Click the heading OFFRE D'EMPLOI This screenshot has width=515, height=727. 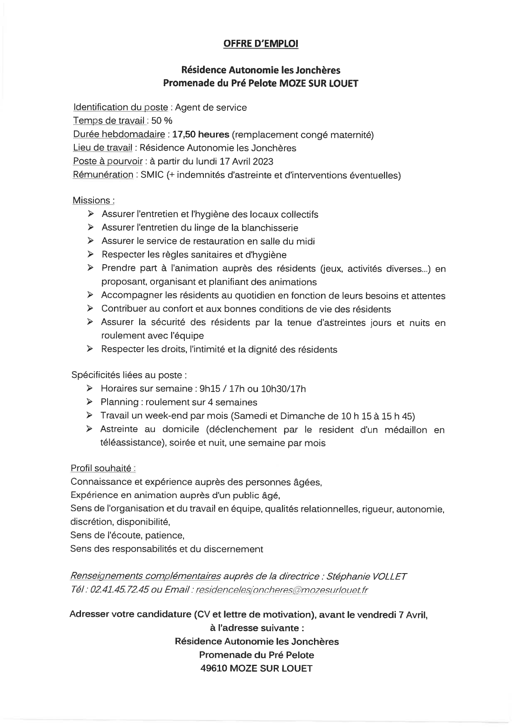click(260, 44)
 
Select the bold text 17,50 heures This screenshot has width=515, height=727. click(201, 134)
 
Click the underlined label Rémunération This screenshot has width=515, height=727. click(103, 175)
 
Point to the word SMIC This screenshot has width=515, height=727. click(152, 175)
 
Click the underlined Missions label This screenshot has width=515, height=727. click(93, 200)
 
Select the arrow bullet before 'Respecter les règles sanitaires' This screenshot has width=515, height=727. click(91, 254)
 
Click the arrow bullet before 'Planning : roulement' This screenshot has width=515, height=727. click(90, 402)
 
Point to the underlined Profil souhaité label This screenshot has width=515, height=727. click(103, 468)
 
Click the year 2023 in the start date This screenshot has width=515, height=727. click(262, 161)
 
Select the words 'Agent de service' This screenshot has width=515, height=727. click(211, 107)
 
